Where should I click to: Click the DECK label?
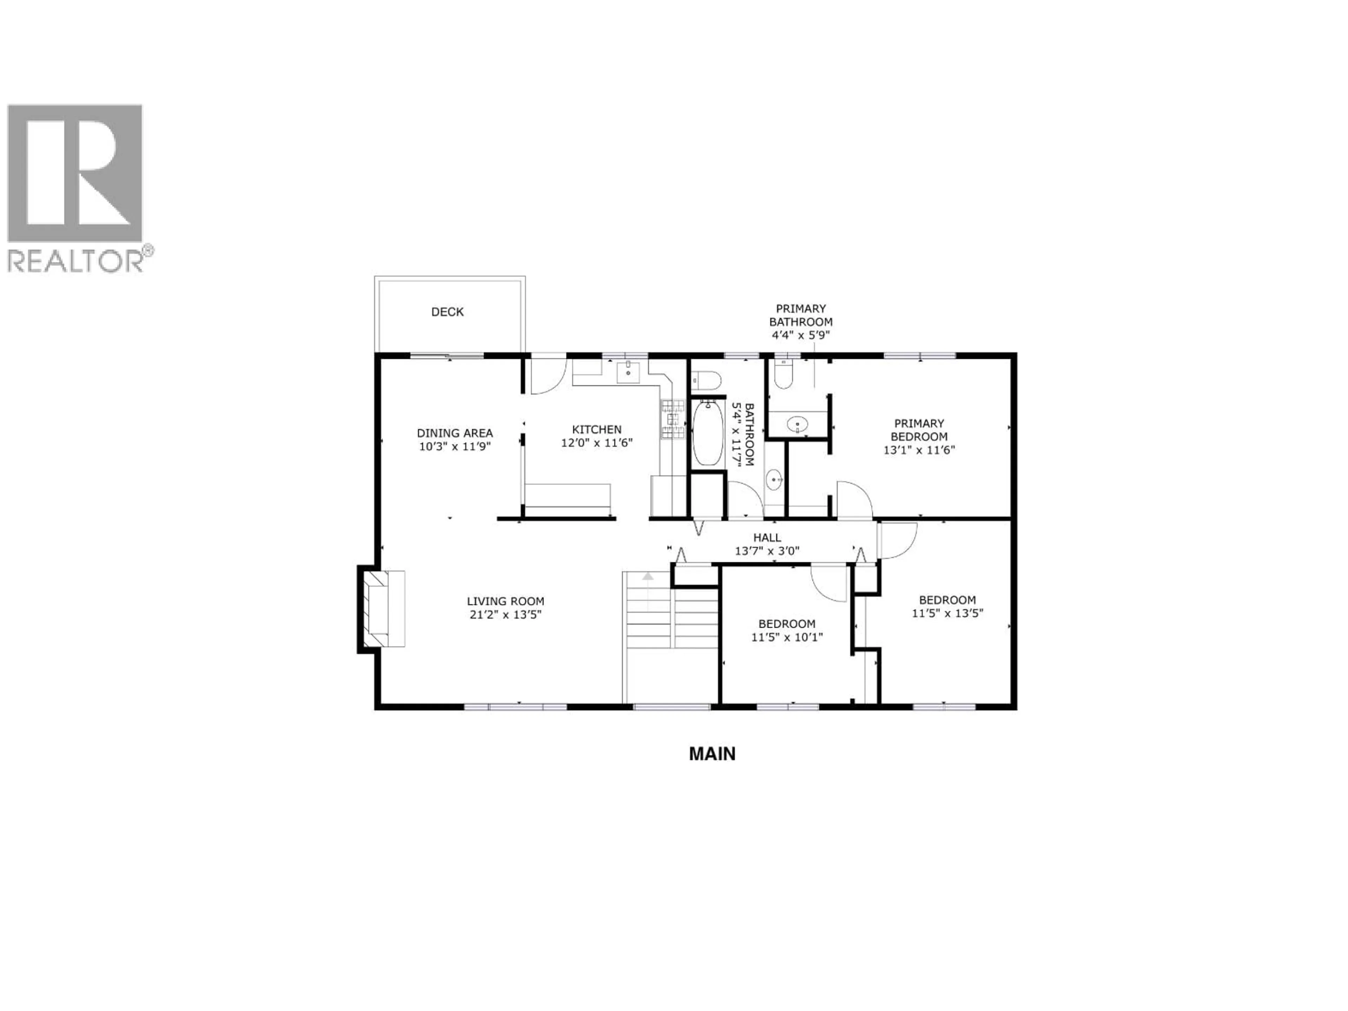[447, 312]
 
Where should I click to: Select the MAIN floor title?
[712, 754]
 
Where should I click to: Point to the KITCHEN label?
[597, 430]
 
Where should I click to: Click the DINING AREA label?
[455, 433]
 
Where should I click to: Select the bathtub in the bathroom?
[708, 433]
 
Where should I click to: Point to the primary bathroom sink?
[797, 424]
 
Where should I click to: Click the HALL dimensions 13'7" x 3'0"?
[767, 551]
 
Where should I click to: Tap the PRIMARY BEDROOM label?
[919, 430]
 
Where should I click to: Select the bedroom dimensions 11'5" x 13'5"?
[947, 613]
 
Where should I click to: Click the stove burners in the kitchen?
[673, 419]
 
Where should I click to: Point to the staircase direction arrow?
[648, 576]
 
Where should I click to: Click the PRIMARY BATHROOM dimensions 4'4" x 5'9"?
[800, 335]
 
